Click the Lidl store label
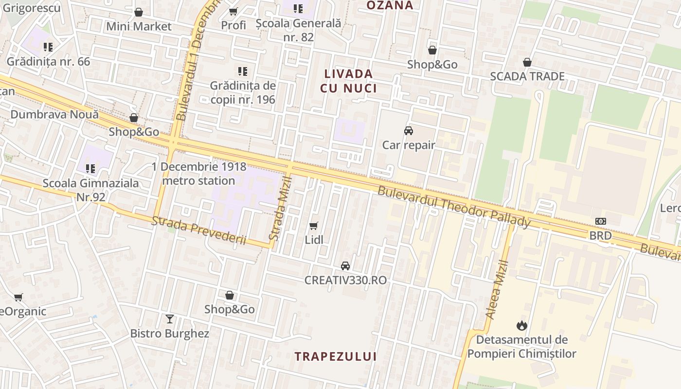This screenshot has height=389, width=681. (x=314, y=240)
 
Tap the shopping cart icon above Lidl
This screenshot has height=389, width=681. (x=314, y=226)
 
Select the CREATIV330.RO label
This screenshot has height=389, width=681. (x=345, y=280)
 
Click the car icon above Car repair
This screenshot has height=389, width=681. (x=409, y=131)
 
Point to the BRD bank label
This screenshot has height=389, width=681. (x=600, y=236)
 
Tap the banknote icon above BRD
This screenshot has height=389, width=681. (x=601, y=221)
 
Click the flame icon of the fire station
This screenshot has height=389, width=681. (x=522, y=325)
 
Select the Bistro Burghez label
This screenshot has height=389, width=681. (x=169, y=334)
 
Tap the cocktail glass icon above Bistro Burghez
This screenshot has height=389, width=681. (x=169, y=319)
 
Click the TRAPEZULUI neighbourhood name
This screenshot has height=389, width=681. (x=336, y=356)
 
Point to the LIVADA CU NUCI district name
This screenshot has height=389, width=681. (x=348, y=81)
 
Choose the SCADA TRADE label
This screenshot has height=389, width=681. (x=527, y=76)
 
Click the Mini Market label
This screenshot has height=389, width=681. (x=139, y=26)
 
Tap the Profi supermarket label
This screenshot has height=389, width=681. (x=233, y=25)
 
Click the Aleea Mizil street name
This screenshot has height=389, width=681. (x=497, y=290)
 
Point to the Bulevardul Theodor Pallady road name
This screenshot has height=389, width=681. (x=454, y=207)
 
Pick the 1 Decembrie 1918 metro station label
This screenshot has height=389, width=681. (x=198, y=174)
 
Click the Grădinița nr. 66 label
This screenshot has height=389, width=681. (x=48, y=62)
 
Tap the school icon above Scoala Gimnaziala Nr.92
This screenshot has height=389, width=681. (x=90, y=169)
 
